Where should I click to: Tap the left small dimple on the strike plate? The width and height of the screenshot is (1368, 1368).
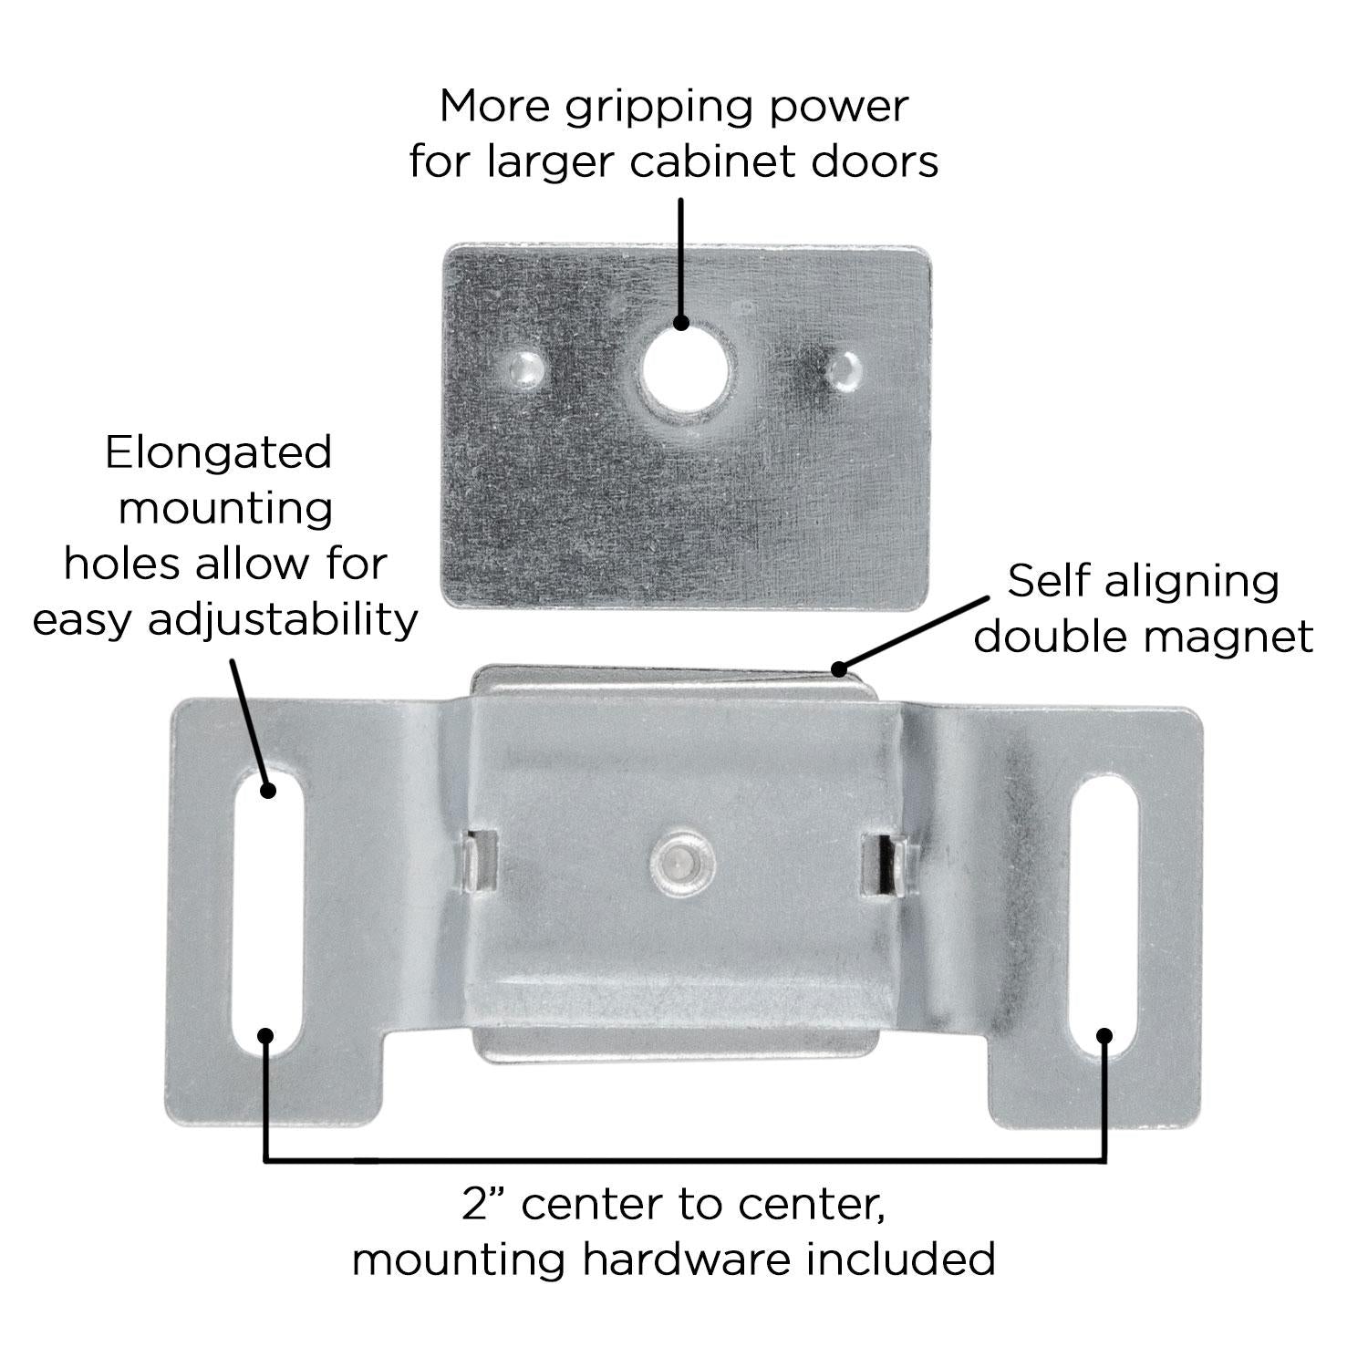pos(526,368)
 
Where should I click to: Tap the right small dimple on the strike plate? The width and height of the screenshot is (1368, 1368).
pos(845,368)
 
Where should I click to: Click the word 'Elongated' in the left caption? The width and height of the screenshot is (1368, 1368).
pos(218,453)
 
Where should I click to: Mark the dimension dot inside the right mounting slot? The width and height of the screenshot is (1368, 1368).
pos(1104,1035)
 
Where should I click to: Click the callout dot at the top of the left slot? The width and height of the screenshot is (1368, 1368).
pos(267,790)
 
